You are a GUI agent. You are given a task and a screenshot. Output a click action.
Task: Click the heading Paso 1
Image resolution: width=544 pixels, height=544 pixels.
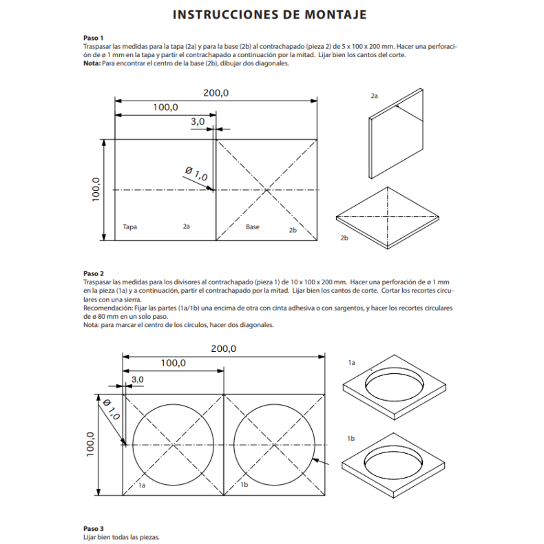click(93, 38)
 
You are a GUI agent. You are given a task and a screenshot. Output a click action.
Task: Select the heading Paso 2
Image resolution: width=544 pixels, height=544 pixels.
click(93, 273)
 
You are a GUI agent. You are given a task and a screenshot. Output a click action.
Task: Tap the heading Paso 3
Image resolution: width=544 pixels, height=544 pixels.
click(93, 528)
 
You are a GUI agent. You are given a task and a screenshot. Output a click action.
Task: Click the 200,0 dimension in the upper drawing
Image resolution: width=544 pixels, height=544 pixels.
click(216, 93)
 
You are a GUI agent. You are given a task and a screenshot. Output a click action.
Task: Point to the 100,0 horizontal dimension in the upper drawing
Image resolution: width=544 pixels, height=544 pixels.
click(165, 107)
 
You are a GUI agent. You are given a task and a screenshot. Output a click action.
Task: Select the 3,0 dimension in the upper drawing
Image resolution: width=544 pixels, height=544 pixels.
click(198, 121)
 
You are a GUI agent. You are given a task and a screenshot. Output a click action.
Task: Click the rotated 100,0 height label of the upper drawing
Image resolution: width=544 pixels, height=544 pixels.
click(96, 189)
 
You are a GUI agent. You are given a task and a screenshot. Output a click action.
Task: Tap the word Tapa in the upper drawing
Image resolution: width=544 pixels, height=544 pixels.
click(129, 226)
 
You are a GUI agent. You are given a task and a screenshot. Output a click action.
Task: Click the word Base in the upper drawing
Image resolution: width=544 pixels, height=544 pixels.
click(253, 226)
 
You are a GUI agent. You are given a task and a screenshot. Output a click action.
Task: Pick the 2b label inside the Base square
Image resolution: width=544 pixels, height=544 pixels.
click(293, 230)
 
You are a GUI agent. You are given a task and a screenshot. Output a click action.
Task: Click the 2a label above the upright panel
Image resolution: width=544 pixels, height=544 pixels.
click(374, 96)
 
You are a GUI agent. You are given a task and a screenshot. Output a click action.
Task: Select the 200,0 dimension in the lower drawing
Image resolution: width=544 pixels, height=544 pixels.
click(223, 349)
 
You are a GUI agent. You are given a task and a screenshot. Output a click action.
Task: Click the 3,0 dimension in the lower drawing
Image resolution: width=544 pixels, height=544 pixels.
click(137, 379)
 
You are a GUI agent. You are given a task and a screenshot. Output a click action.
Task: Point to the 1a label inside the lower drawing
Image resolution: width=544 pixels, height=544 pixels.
click(142, 485)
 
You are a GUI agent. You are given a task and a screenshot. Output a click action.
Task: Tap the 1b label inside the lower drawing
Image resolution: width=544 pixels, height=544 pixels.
click(243, 485)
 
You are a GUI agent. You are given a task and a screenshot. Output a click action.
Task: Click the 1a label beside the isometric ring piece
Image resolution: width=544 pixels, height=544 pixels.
click(351, 362)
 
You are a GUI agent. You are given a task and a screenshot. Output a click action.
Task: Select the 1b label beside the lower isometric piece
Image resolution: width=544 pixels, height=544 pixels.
click(351, 438)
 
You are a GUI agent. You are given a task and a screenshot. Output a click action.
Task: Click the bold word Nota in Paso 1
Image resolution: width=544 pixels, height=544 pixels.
click(91, 63)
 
